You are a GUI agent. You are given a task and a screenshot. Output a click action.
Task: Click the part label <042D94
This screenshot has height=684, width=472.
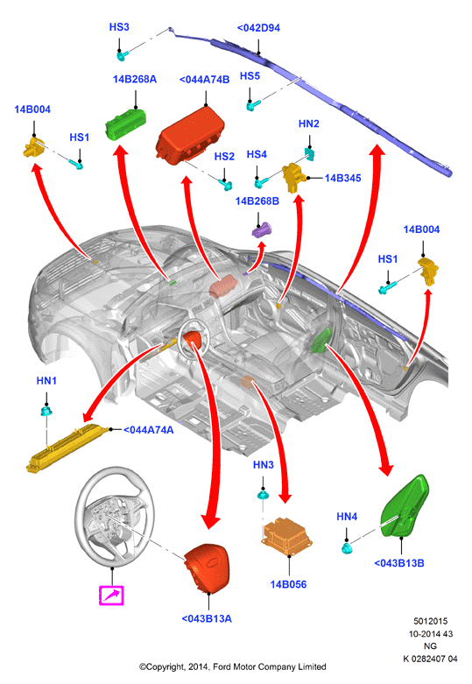pos(258,28)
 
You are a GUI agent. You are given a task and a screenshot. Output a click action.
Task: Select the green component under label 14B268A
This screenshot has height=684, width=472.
pos(125,124)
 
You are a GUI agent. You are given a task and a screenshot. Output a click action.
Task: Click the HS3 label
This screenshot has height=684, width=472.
pos(119,27)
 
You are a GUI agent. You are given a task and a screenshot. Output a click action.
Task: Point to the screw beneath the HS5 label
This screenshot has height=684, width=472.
pos(253,105)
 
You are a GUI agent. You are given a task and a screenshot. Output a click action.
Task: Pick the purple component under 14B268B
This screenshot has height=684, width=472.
pos(262,229)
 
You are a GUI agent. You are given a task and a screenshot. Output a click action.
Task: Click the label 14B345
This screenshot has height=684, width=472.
pos(343,178)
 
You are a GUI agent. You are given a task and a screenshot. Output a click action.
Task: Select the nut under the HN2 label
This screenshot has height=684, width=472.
pos(310,153)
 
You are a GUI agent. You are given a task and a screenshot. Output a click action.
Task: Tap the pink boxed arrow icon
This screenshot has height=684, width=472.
pos(112,596)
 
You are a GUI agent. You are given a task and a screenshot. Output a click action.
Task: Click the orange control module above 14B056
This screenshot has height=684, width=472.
pos(287,536)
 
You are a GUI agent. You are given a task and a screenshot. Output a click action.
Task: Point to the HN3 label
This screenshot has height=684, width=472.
pos(264,465)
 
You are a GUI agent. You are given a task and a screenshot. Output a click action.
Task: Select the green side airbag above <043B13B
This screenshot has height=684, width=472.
pos(405,506)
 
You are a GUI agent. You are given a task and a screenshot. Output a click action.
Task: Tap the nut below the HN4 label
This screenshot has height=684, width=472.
pos(347,547)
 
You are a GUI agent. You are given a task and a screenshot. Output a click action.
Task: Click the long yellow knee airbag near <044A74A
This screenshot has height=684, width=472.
pos(67,448)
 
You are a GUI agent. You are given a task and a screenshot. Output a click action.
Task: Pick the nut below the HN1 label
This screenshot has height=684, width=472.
pos(46,411)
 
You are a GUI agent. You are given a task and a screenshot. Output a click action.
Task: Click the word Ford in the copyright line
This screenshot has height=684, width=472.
pos(222,666)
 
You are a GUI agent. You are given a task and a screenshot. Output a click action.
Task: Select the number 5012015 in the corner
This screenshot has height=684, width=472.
pos(431,621)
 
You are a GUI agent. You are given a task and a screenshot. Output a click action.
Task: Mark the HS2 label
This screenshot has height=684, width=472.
pos(224,157)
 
